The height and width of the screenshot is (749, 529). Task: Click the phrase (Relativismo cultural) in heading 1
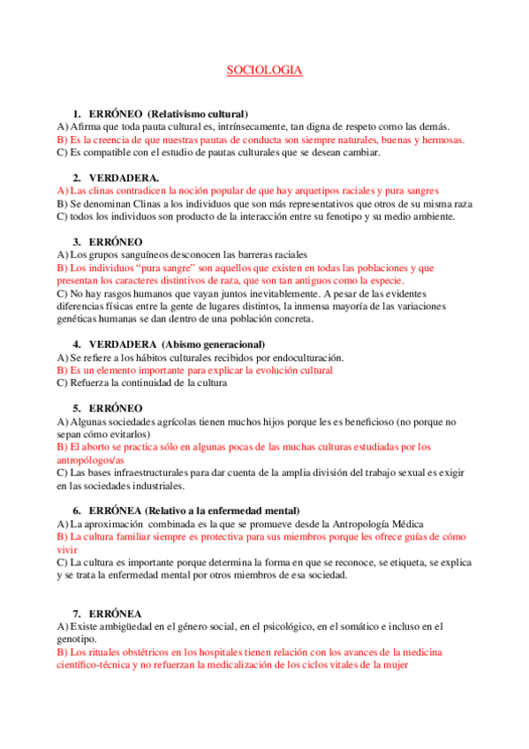click(198, 114)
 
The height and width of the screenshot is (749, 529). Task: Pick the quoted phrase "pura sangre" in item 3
click(146, 267)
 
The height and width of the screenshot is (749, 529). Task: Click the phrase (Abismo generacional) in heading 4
click(214, 344)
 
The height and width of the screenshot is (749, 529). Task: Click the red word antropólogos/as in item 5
click(90, 459)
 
